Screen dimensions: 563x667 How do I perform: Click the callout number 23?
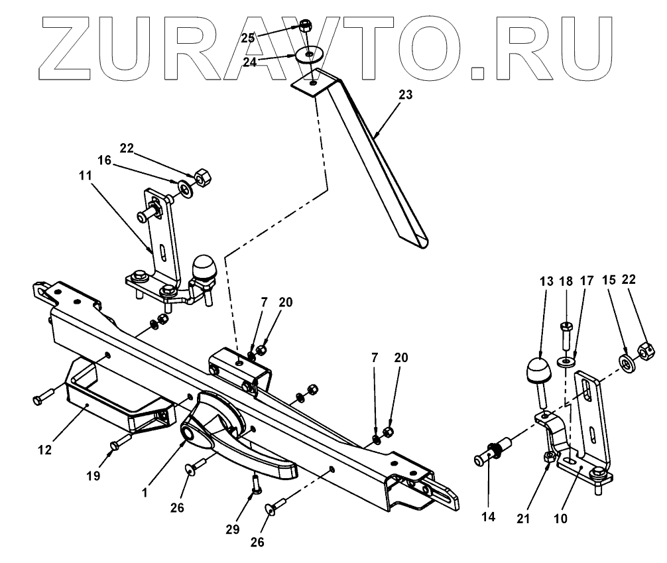[x=405, y=95]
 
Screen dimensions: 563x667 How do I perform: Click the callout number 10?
[x=561, y=519]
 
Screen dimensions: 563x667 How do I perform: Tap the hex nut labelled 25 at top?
[x=306, y=27]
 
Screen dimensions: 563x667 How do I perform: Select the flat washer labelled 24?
[x=308, y=55]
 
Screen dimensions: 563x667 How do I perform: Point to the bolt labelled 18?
[x=566, y=336]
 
